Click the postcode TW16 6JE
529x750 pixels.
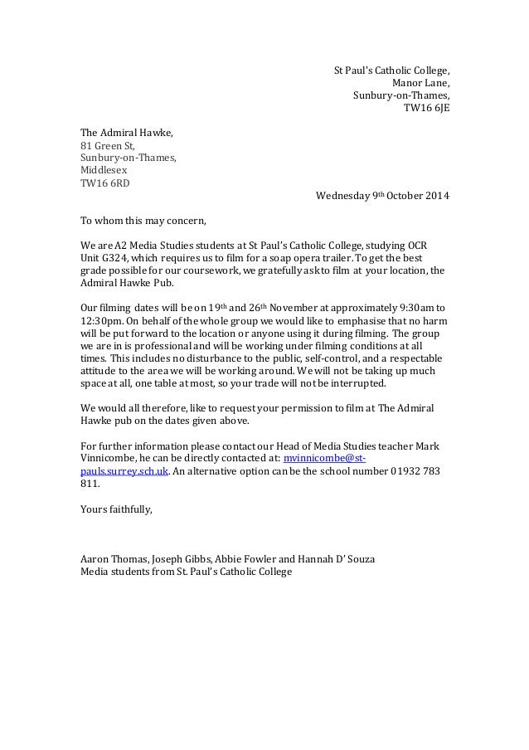[x=426, y=108]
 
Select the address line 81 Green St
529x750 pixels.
[x=107, y=145]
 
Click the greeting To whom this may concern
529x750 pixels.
[x=140, y=222]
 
